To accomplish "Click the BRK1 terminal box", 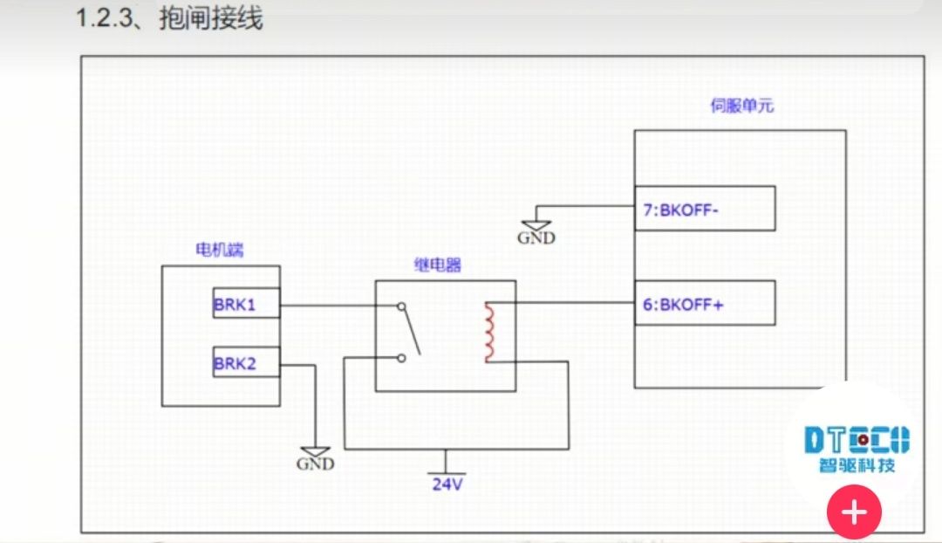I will [x=246, y=306].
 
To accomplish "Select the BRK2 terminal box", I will [x=246, y=363].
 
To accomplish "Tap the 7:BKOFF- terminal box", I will [x=704, y=210].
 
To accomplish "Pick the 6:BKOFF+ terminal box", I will [x=704, y=304].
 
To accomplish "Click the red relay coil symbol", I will [x=489, y=333].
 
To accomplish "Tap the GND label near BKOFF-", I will [x=536, y=237].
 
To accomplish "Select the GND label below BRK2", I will [x=315, y=464].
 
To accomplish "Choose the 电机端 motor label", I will [x=219, y=251].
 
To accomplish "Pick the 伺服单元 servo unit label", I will [x=741, y=107].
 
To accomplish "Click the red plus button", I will [x=854, y=512].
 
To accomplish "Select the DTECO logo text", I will [x=856, y=439].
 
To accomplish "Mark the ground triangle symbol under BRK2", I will [x=315, y=450].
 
